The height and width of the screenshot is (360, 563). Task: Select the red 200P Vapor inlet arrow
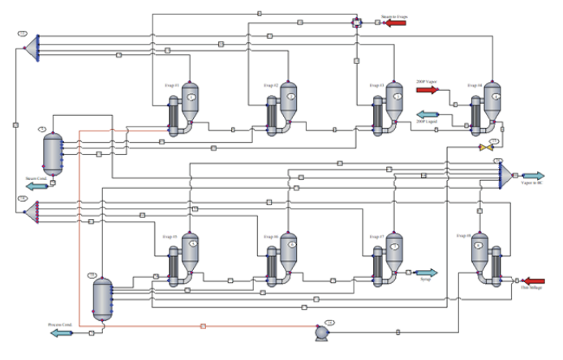[x=428, y=90]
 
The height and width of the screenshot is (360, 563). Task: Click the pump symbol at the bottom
[x=322, y=332]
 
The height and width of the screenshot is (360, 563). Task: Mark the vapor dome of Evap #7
[x=394, y=246]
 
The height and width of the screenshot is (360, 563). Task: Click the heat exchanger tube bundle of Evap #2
[x=273, y=118]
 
